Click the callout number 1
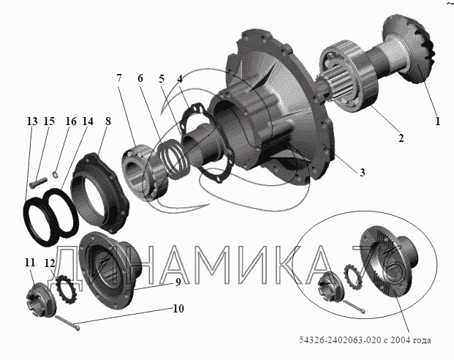[437, 121]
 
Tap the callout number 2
[401, 138]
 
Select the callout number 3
[362, 172]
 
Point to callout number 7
[119, 78]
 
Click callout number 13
[32, 121]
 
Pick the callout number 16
[71, 121]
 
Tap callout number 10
[178, 309]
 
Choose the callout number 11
[30, 263]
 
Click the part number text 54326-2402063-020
[340, 340]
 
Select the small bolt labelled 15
[38, 181]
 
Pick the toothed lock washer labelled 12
[67, 290]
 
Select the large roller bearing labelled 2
[348, 76]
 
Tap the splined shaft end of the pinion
[333, 88]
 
